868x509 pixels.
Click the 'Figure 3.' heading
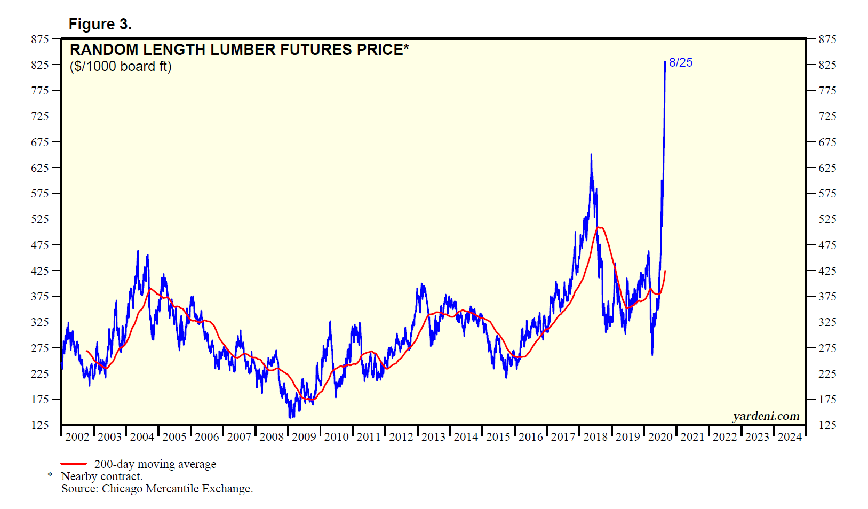click(x=100, y=25)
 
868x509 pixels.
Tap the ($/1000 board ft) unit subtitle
click(x=121, y=67)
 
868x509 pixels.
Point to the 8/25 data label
click(x=681, y=62)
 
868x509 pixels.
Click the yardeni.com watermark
click(x=766, y=416)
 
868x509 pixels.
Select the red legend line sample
click(x=74, y=464)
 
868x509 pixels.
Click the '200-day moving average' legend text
click(x=155, y=464)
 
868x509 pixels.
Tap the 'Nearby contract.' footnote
click(x=102, y=476)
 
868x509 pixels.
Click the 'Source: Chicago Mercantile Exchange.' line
click(x=157, y=489)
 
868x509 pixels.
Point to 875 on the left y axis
click(x=40, y=39)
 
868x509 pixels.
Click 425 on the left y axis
click(x=40, y=271)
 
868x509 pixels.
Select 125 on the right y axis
click(x=827, y=425)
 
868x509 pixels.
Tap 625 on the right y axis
click(x=827, y=168)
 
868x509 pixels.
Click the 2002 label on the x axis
click(x=77, y=437)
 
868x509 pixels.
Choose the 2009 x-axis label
click(x=304, y=437)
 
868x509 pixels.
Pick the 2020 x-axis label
click(x=660, y=437)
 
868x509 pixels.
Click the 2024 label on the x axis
click(x=790, y=437)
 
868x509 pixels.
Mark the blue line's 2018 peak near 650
click(x=591, y=155)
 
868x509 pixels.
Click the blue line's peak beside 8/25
click(x=665, y=62)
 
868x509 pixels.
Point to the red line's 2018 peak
click(x=600, y=228)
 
